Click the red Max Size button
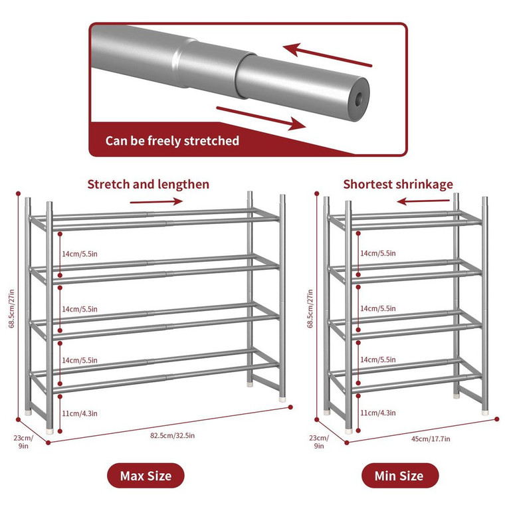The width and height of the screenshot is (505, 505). coord(146,476)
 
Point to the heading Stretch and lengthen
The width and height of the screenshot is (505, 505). coord(148,184)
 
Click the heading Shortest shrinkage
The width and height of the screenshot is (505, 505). coord(398,184)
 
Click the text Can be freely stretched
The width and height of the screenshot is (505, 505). coord(172,141)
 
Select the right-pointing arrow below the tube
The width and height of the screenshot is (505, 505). coord(261,117)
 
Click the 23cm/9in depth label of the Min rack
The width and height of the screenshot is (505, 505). coord(322,442)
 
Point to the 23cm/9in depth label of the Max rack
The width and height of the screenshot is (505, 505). coord(23,442)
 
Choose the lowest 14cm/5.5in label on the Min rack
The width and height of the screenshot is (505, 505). coord(377,359)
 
